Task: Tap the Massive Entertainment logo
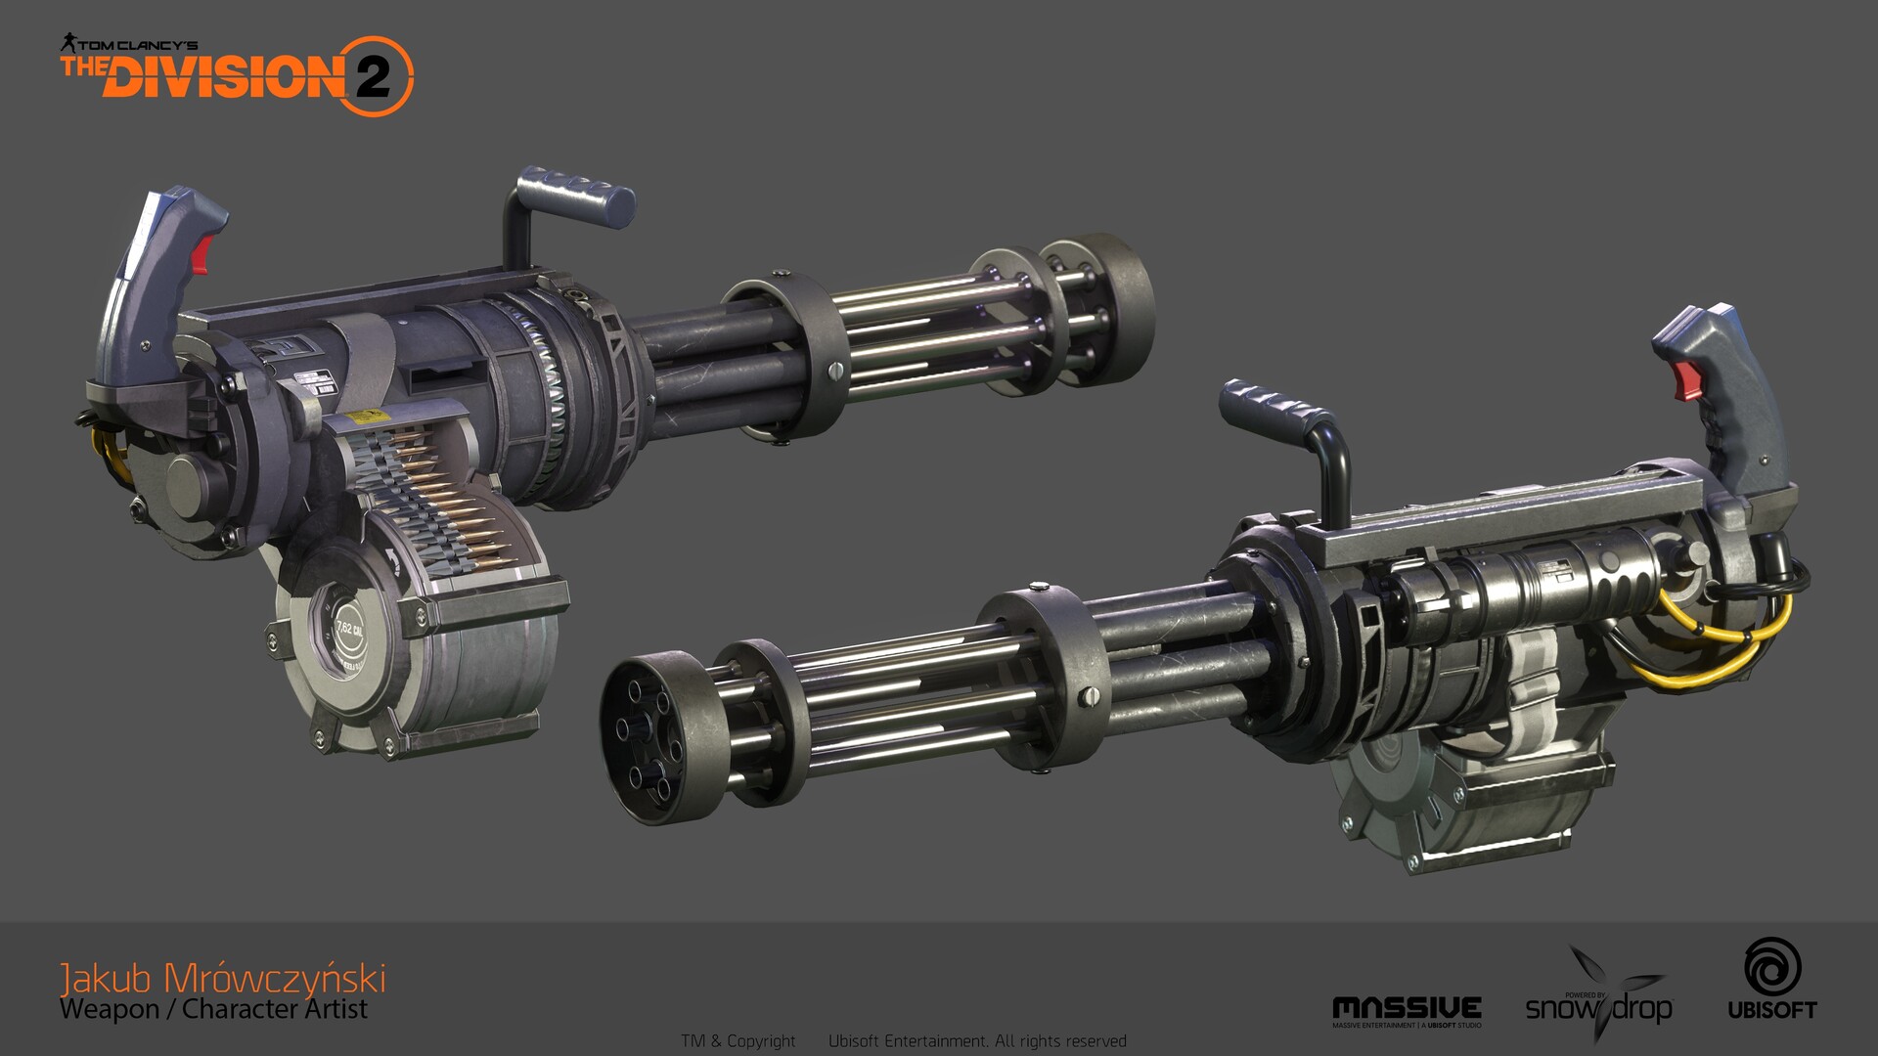[1407, 1009]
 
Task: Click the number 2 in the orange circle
[373, 76]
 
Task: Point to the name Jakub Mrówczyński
[223, 978]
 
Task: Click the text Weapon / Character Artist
[213, 1009]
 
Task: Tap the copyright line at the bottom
[904, 1041]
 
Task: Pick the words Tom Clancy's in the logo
[137, 45]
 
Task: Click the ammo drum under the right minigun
[1448, 782]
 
